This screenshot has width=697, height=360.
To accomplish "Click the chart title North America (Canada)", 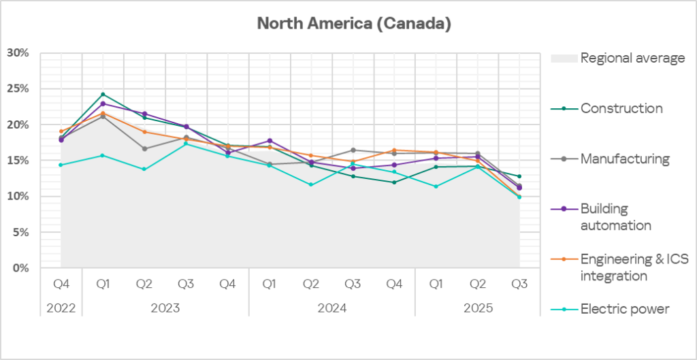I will pyautogui.click(x=354, y=24).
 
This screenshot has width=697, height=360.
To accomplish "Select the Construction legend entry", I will pyautogui.click(x=621, y=108).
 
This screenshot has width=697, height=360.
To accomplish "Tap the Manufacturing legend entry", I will pyautogui.click(x=625, y=159).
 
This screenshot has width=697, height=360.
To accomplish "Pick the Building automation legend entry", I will pyautogui.click(x=615, y=216).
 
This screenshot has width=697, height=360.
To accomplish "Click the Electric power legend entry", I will pyautogui.click(x=624, y=309).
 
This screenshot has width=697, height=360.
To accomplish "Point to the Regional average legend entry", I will pyautogui.click(x=632, y=58).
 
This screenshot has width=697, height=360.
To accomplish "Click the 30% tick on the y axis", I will pyautogui.click(x=18, y=53).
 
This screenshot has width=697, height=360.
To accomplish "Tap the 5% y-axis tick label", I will pyautogui.click(x=20, y=233).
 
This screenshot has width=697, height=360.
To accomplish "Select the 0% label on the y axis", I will pyautogui.click(x=20, y=268).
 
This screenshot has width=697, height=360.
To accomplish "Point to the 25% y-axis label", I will pyautogui.click(x=18, y=89).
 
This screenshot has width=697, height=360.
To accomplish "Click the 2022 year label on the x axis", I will pyautogui.click(x=61, y=308).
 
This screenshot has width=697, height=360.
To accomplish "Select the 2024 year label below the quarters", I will pyautogui.click(x=331, y=308).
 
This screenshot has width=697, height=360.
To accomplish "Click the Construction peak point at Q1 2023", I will pyautogui.click(x=103, y=94).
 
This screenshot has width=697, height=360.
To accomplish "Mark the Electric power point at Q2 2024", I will pyautogui.click(x=311, y=184).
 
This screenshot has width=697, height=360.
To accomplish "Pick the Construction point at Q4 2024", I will pyautogui.click(x=394, y=182).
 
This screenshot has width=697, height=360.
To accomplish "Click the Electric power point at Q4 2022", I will pyautogui.click(x=61, y=165).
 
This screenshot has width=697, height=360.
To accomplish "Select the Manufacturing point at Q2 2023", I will pyautogui.click(x=144, y=148).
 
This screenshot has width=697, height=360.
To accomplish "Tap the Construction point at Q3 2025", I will pyautogui.click(x=519, y=176).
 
